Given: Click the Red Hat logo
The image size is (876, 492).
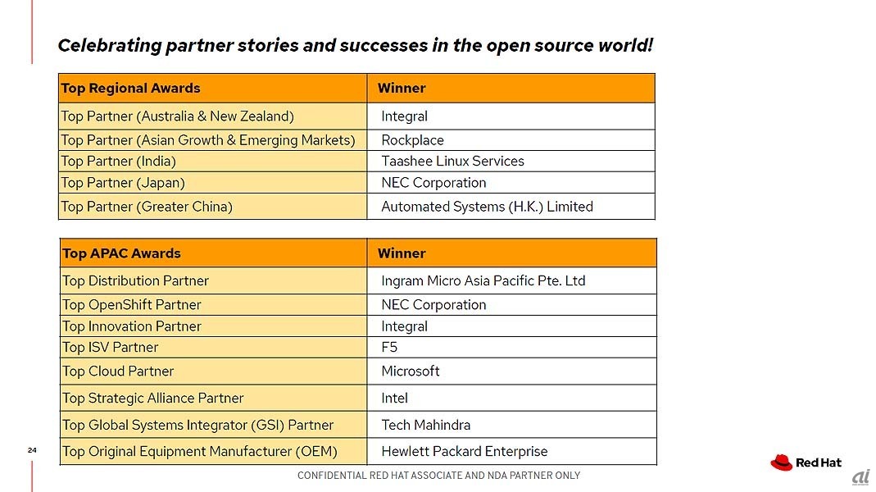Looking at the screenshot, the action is point(806,462).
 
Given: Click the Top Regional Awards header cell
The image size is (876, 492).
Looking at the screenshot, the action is point(213,88).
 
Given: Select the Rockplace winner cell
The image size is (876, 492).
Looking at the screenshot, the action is point(511,139).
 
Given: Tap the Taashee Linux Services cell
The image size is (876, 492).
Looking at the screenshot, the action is point(511,161).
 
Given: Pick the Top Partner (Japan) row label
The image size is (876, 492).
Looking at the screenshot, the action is point(213,183).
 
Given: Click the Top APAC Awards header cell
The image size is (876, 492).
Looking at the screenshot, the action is point(213,253).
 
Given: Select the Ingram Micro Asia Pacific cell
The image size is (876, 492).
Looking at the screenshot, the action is point(511,280).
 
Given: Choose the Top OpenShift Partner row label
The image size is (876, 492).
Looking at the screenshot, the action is point(213,305).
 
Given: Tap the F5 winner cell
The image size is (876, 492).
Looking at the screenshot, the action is point(511,347).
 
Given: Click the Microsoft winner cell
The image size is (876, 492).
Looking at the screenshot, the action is point(511,371).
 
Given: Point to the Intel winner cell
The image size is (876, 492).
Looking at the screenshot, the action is point(511,398).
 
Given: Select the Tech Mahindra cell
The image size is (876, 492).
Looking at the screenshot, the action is point(511,425).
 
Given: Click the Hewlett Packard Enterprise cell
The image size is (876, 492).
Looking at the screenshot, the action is point(511,451).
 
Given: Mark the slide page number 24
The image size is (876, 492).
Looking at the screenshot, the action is point(32,450).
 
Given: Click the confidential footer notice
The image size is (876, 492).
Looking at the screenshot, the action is point(438,476).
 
